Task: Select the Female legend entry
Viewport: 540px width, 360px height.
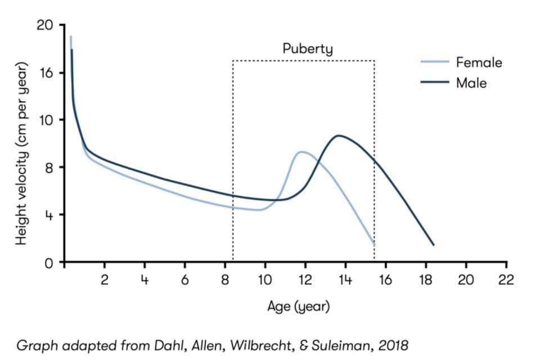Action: [x=479, y=62]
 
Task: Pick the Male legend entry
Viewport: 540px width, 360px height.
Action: [x=471, y=83]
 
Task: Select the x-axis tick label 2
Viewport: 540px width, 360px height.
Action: [x=104, y=280]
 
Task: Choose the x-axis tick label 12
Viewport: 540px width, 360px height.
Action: [x=304, y=280]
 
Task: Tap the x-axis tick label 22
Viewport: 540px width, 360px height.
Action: [x=505, y=280]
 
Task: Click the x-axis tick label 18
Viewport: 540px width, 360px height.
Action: [x=425, y=280]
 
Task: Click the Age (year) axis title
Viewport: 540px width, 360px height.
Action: [x=298, y=307]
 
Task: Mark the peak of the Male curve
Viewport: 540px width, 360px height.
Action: [x=339, y=135]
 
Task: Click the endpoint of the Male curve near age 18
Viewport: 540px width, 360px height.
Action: [x=433, y=245]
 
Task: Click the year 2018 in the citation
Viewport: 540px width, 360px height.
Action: [x=394, y=345]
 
